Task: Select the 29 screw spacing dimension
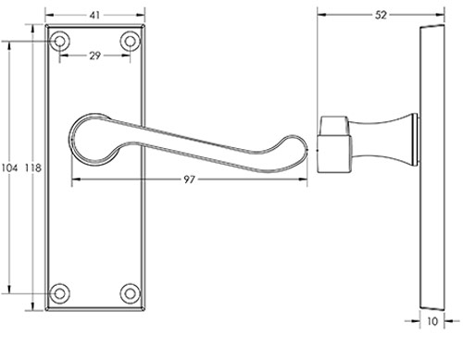(x=95, y=56)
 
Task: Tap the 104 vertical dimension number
(x=9, y=168)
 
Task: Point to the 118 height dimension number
(x=32, y=168)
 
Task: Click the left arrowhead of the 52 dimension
(x=320, y=15)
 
